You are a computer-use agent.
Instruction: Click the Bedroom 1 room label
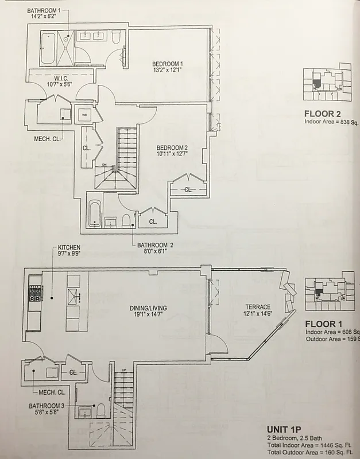click(168, 63)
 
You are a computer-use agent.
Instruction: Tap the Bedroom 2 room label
click(172, 147)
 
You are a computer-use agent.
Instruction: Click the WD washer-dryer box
click(85, 114)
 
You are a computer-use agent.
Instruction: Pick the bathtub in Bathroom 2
click(95, 213)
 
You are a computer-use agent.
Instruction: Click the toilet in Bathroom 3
click(100, 410)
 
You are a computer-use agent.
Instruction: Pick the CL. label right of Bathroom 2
click(153, 221)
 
